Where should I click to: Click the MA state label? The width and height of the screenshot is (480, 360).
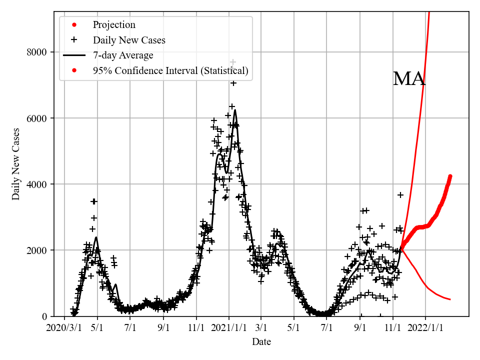[409, 79]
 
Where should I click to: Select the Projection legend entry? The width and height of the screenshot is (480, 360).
[114, 25]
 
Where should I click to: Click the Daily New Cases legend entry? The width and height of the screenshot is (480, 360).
[129, 40]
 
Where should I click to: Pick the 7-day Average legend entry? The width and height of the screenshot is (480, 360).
[123, 55]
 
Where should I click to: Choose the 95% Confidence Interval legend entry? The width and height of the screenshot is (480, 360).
[170, 71]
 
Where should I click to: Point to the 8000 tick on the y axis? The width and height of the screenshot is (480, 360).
[37, 52]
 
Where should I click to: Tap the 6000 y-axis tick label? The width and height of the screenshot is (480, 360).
[37, 118]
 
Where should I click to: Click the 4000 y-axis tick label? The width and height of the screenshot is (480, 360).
[37, 184]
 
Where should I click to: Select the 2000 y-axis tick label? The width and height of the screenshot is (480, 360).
[37, 250]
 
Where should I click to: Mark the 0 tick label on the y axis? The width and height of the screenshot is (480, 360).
[44, 316]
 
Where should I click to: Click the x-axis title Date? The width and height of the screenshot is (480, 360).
[261, 342]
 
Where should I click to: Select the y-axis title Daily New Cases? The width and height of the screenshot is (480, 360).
[16, 163]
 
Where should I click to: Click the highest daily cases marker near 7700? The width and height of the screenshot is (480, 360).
[233, 62]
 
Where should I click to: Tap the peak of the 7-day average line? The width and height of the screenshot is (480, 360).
[235, 110]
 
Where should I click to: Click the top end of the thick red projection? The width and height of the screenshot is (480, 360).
[450, 176]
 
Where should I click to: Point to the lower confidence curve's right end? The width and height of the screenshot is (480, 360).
[450, 299]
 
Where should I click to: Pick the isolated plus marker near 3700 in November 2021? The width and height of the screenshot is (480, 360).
[400, 194]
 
